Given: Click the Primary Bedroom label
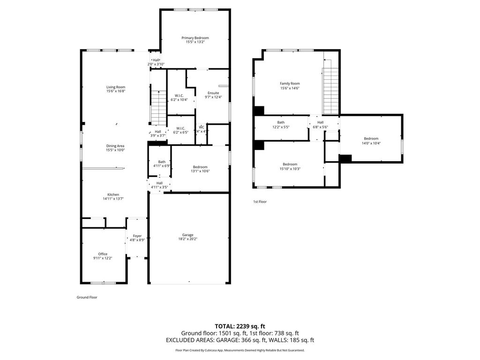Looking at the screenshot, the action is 195,38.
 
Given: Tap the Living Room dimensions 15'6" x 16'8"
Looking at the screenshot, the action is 116,91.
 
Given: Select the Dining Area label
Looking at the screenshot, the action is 115,146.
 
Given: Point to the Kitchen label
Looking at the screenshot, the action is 113,195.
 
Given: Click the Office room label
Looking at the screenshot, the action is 103,254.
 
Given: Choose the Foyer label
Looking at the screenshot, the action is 137,236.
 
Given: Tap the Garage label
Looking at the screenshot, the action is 187,235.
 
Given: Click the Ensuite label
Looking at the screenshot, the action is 213,93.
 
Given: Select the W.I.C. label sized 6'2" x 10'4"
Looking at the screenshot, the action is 179,96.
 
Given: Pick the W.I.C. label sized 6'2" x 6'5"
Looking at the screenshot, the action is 180,128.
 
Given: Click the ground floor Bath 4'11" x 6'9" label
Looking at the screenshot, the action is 162,162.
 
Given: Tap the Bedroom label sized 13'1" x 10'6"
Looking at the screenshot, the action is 200,167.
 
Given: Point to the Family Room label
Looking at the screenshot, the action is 290,83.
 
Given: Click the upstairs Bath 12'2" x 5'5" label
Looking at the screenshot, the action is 281,122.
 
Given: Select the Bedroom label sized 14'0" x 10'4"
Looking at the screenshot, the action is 371,139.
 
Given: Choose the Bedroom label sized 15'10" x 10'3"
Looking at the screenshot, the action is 290,165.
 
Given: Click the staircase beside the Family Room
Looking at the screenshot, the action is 331,90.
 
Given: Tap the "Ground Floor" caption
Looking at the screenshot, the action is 87,297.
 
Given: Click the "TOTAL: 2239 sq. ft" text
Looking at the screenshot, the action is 240,326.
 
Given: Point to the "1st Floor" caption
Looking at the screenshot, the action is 260,202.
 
